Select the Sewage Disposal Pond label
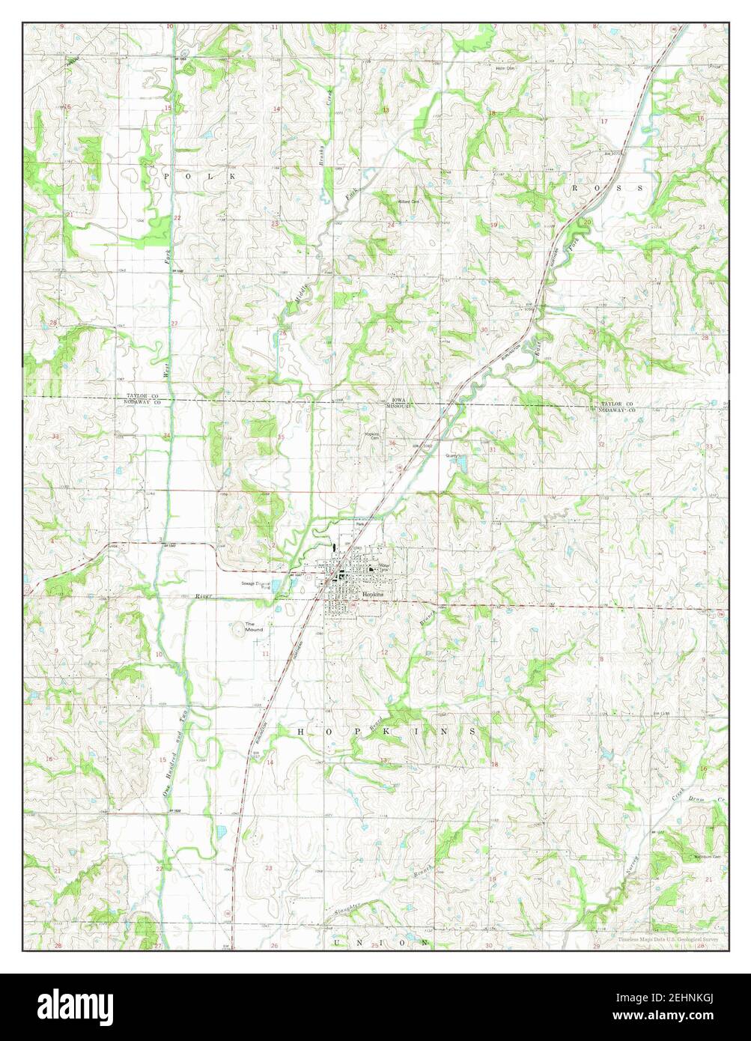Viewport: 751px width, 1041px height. click(x=254, y=584)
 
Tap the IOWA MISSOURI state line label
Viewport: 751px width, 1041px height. click(x=398, y=403)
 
